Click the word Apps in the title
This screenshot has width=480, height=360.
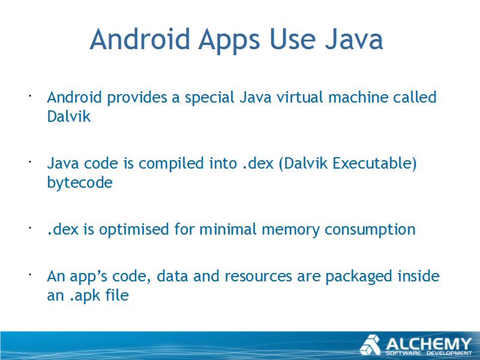pos(229,40)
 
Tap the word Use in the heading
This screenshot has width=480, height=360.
pos(292,39)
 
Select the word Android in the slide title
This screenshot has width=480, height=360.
pos(140,39)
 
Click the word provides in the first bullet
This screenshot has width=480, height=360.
pos(137,98)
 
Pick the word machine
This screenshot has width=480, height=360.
pos(358,97)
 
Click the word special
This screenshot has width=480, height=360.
pos(209,98)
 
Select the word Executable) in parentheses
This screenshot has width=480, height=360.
pos(374,163)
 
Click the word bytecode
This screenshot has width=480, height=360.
pos(80,183)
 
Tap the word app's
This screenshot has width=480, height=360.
pos(88,277)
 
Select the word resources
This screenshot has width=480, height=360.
pos(258,277)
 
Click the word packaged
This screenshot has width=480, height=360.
pos(358,277)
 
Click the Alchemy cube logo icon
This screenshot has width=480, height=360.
pos(370,345)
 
